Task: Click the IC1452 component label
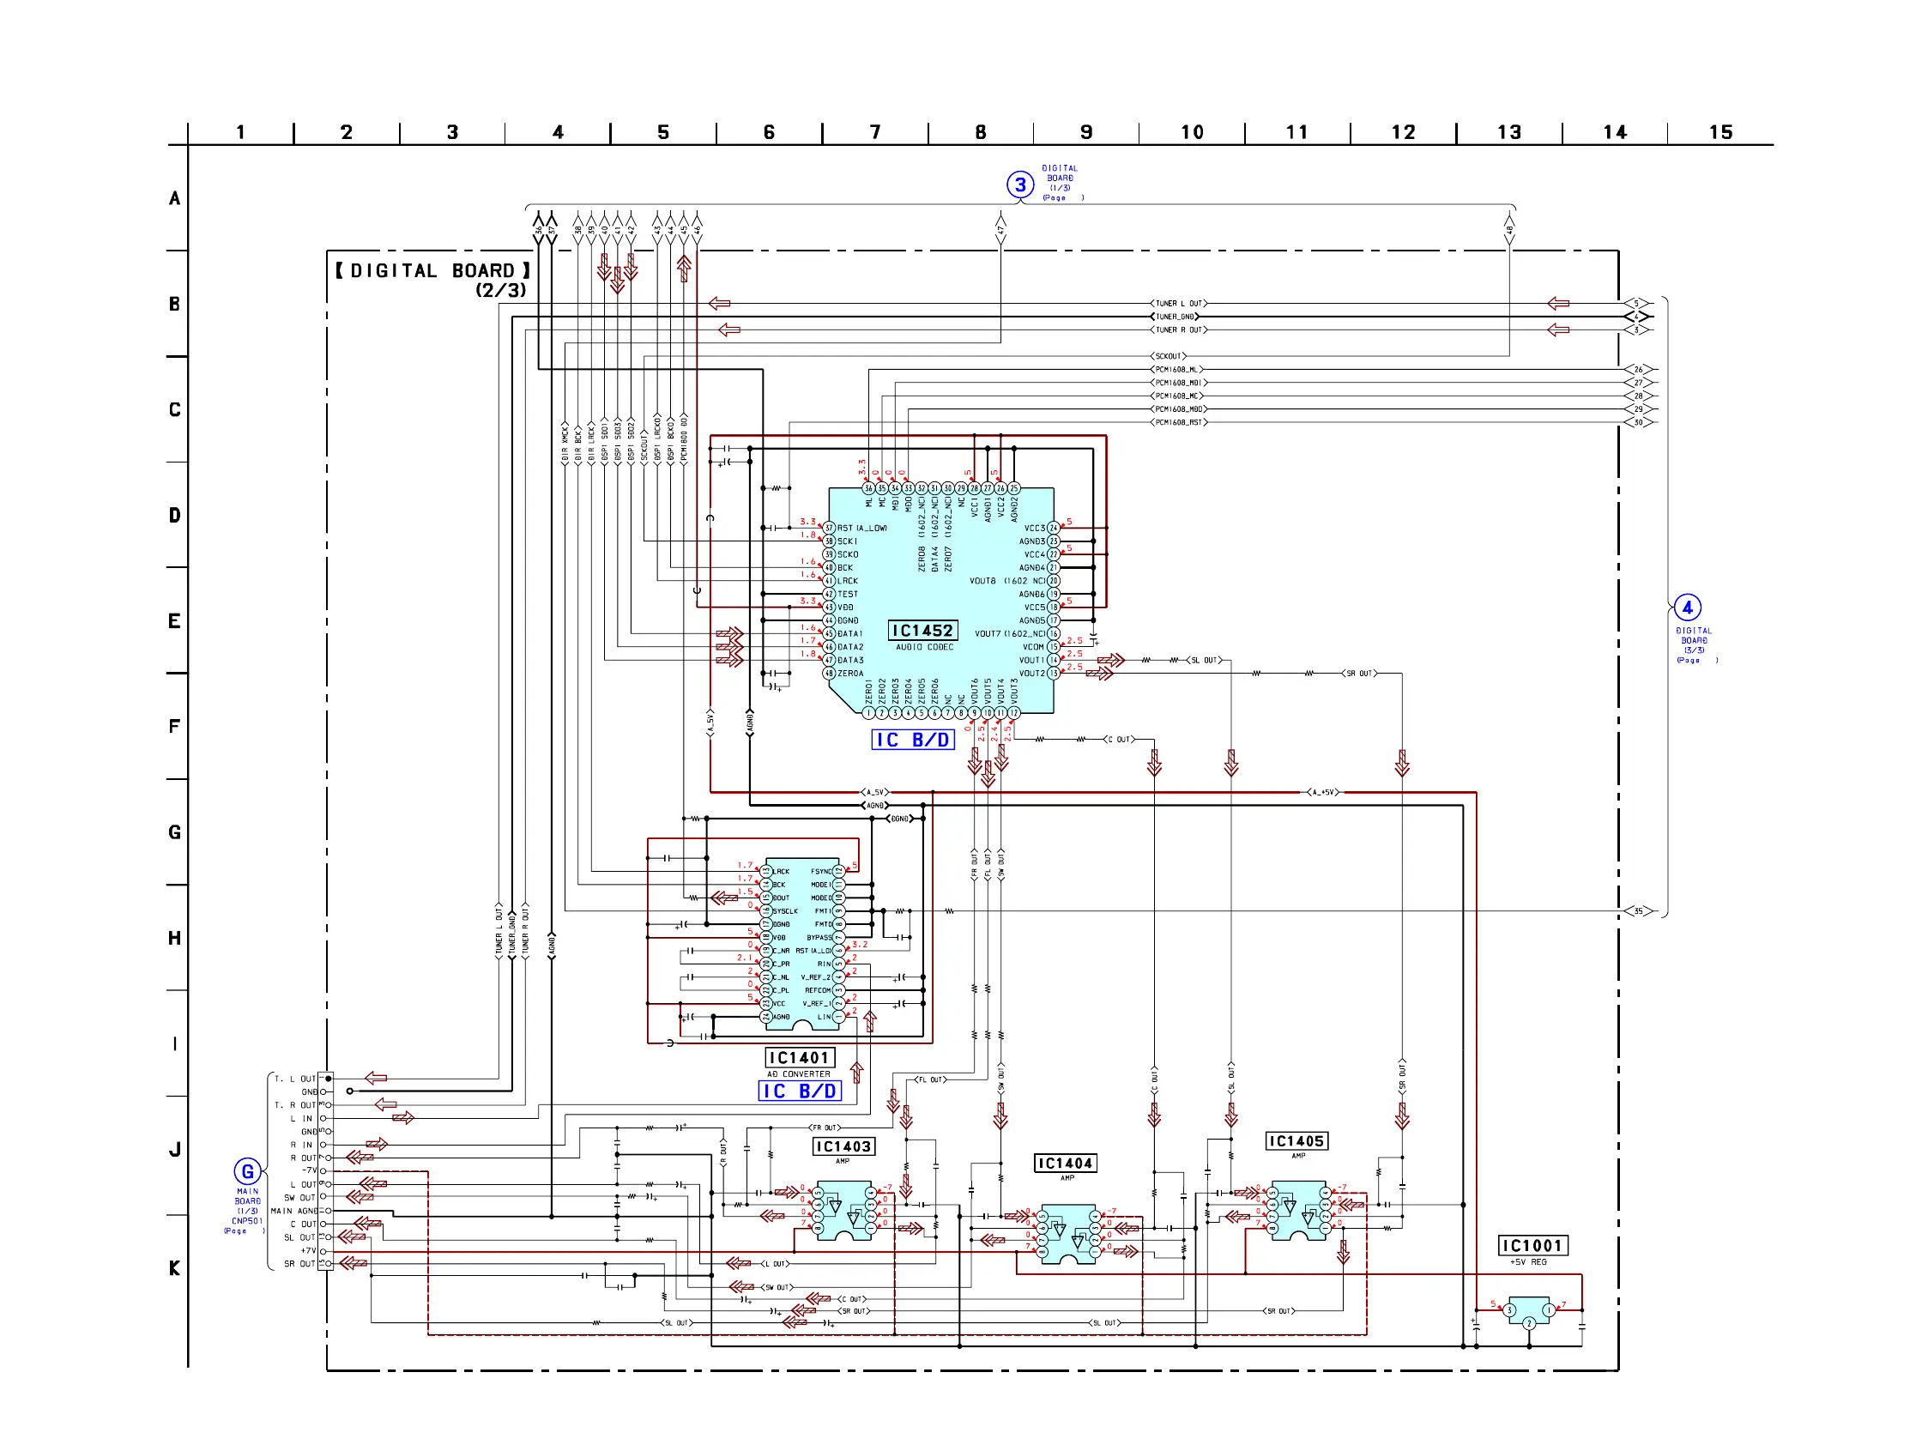click(922, 631)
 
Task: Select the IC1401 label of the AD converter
click(800, 1057)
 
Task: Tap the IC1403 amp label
click(843, 1147)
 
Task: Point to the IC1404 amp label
click(1066, 1164)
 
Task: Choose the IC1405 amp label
click(1296, 1141)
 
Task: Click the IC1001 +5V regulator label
click(1532, 1245)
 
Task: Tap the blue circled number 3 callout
click(1020, 184)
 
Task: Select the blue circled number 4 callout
click(1687, 608)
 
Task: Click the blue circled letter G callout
click(248, 1171)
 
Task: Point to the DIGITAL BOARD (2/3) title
click(432, 279)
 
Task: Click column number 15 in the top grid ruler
click(1720, 132)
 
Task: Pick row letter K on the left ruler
click(175, 1267)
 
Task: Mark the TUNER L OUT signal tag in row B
click(1178, 304)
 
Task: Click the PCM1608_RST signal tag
click(1178, 422)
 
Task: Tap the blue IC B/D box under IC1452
click(912, 740)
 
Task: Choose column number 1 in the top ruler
click(241, 132)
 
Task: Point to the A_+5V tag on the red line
click(1322, 793)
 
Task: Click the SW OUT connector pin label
click(299, 1197)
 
